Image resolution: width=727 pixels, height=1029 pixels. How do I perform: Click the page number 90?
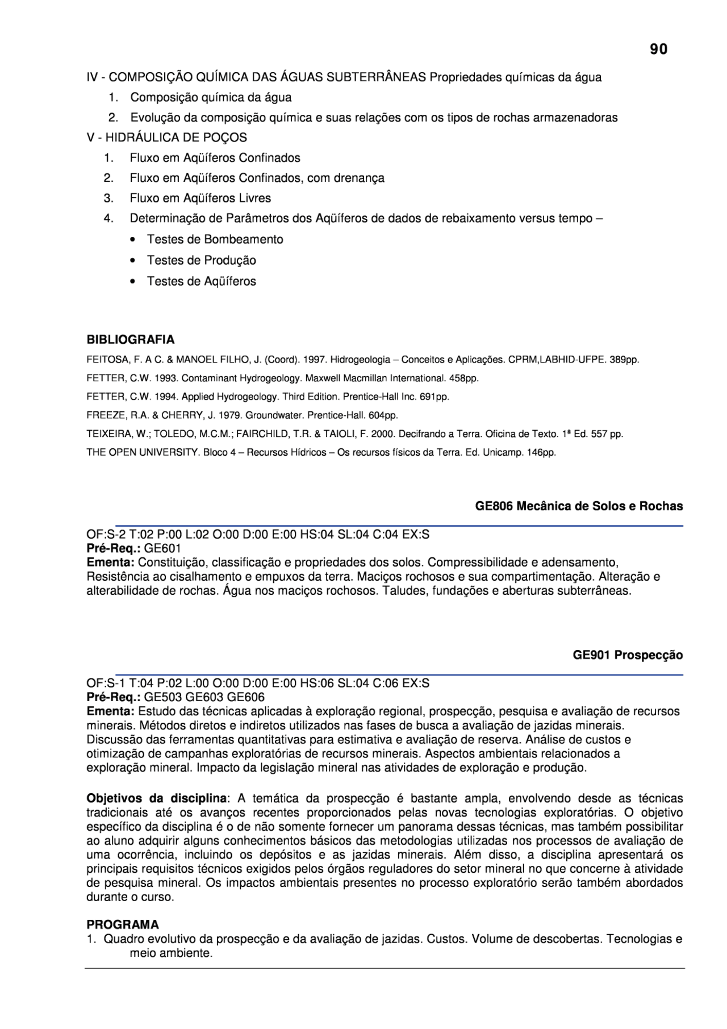658,49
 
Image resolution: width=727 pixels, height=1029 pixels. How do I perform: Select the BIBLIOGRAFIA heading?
130,340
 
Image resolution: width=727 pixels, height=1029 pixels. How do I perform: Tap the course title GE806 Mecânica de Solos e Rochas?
579,506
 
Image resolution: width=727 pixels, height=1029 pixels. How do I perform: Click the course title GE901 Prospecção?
628,655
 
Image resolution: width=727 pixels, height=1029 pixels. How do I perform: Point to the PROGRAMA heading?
123,924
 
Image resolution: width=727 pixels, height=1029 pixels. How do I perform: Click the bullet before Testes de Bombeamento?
132,240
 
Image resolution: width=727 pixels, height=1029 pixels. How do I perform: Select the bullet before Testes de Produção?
132,261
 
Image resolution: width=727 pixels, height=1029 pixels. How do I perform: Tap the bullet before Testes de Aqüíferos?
132,282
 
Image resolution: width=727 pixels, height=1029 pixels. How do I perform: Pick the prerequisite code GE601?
162,548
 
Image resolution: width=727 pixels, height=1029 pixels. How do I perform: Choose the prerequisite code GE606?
245,697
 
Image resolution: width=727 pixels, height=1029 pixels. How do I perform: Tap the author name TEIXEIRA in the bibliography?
106,434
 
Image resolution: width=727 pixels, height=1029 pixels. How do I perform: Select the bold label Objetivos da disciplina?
156,798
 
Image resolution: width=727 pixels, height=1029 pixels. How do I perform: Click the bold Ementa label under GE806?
110,563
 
